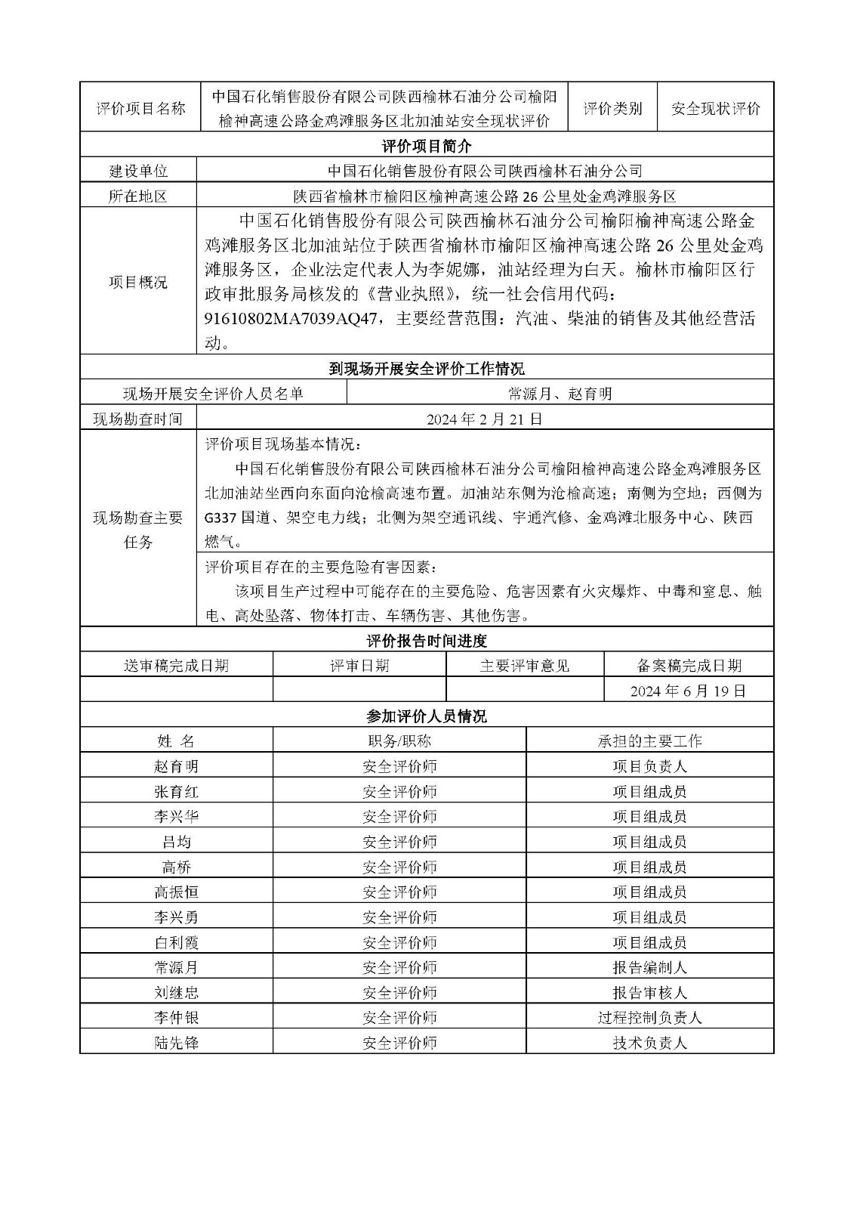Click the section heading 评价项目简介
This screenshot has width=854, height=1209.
427,146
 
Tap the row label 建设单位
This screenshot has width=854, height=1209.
138,172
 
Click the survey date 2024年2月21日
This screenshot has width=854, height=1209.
484,419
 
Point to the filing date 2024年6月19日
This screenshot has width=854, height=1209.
688,691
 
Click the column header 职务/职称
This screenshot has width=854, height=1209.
399,741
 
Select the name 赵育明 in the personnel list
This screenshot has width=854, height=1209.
176,766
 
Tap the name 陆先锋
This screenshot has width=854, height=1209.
176,1043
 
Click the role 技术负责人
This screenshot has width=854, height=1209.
649,1043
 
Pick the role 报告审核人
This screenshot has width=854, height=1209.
649,992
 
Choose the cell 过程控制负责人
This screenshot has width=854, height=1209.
649,1018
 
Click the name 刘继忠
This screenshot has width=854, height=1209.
176,992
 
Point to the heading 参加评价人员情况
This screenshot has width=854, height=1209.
427,716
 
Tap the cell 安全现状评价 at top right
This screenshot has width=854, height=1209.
715,109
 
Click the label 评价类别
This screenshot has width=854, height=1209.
612,109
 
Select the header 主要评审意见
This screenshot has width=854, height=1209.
525,666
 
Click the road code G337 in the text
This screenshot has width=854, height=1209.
220,518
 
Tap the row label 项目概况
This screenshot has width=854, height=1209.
138,283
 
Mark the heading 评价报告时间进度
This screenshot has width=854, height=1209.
427,641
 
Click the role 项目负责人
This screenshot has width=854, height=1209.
649,766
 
